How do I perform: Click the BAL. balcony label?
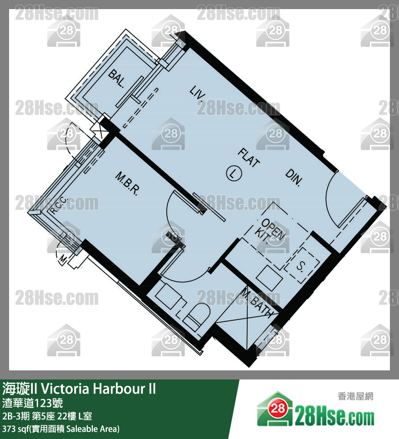coord(116,79)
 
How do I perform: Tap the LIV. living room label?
coord(198,93)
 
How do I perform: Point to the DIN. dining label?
coord(294,178)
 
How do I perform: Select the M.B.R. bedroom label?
coord(127,184)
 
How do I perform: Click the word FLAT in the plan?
coord(249,158)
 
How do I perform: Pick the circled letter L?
coord(234,173)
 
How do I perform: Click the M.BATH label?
coord(257,303)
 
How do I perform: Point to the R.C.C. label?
coord(59,205)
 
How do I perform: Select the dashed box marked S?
coord(302,265)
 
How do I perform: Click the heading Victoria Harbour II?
coord(98,389)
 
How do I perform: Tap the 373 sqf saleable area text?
coord(61,429)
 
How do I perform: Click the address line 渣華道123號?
coord(32,403)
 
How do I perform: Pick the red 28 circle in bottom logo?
coord(278,409)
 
